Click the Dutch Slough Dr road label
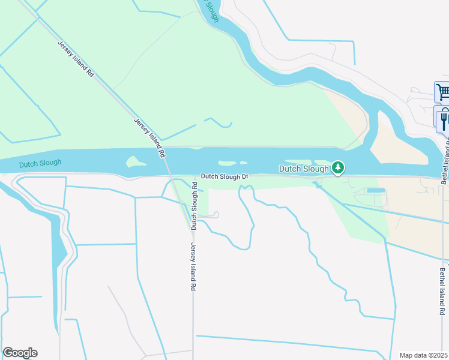click(224, 176)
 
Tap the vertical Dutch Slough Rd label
click(194, 212)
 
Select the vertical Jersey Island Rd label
click(193, 267)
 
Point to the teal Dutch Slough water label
click(40, 163)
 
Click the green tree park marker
click(339, 168)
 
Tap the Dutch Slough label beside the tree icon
click(304, 169)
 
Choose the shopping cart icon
click(443, 92)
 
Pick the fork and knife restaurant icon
click(444, 119)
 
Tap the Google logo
click(20, 353)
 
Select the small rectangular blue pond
click(375, 191)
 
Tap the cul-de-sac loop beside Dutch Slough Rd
click(214, 214)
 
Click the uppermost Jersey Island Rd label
click(76, 58)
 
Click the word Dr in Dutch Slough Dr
click(244, 177)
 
